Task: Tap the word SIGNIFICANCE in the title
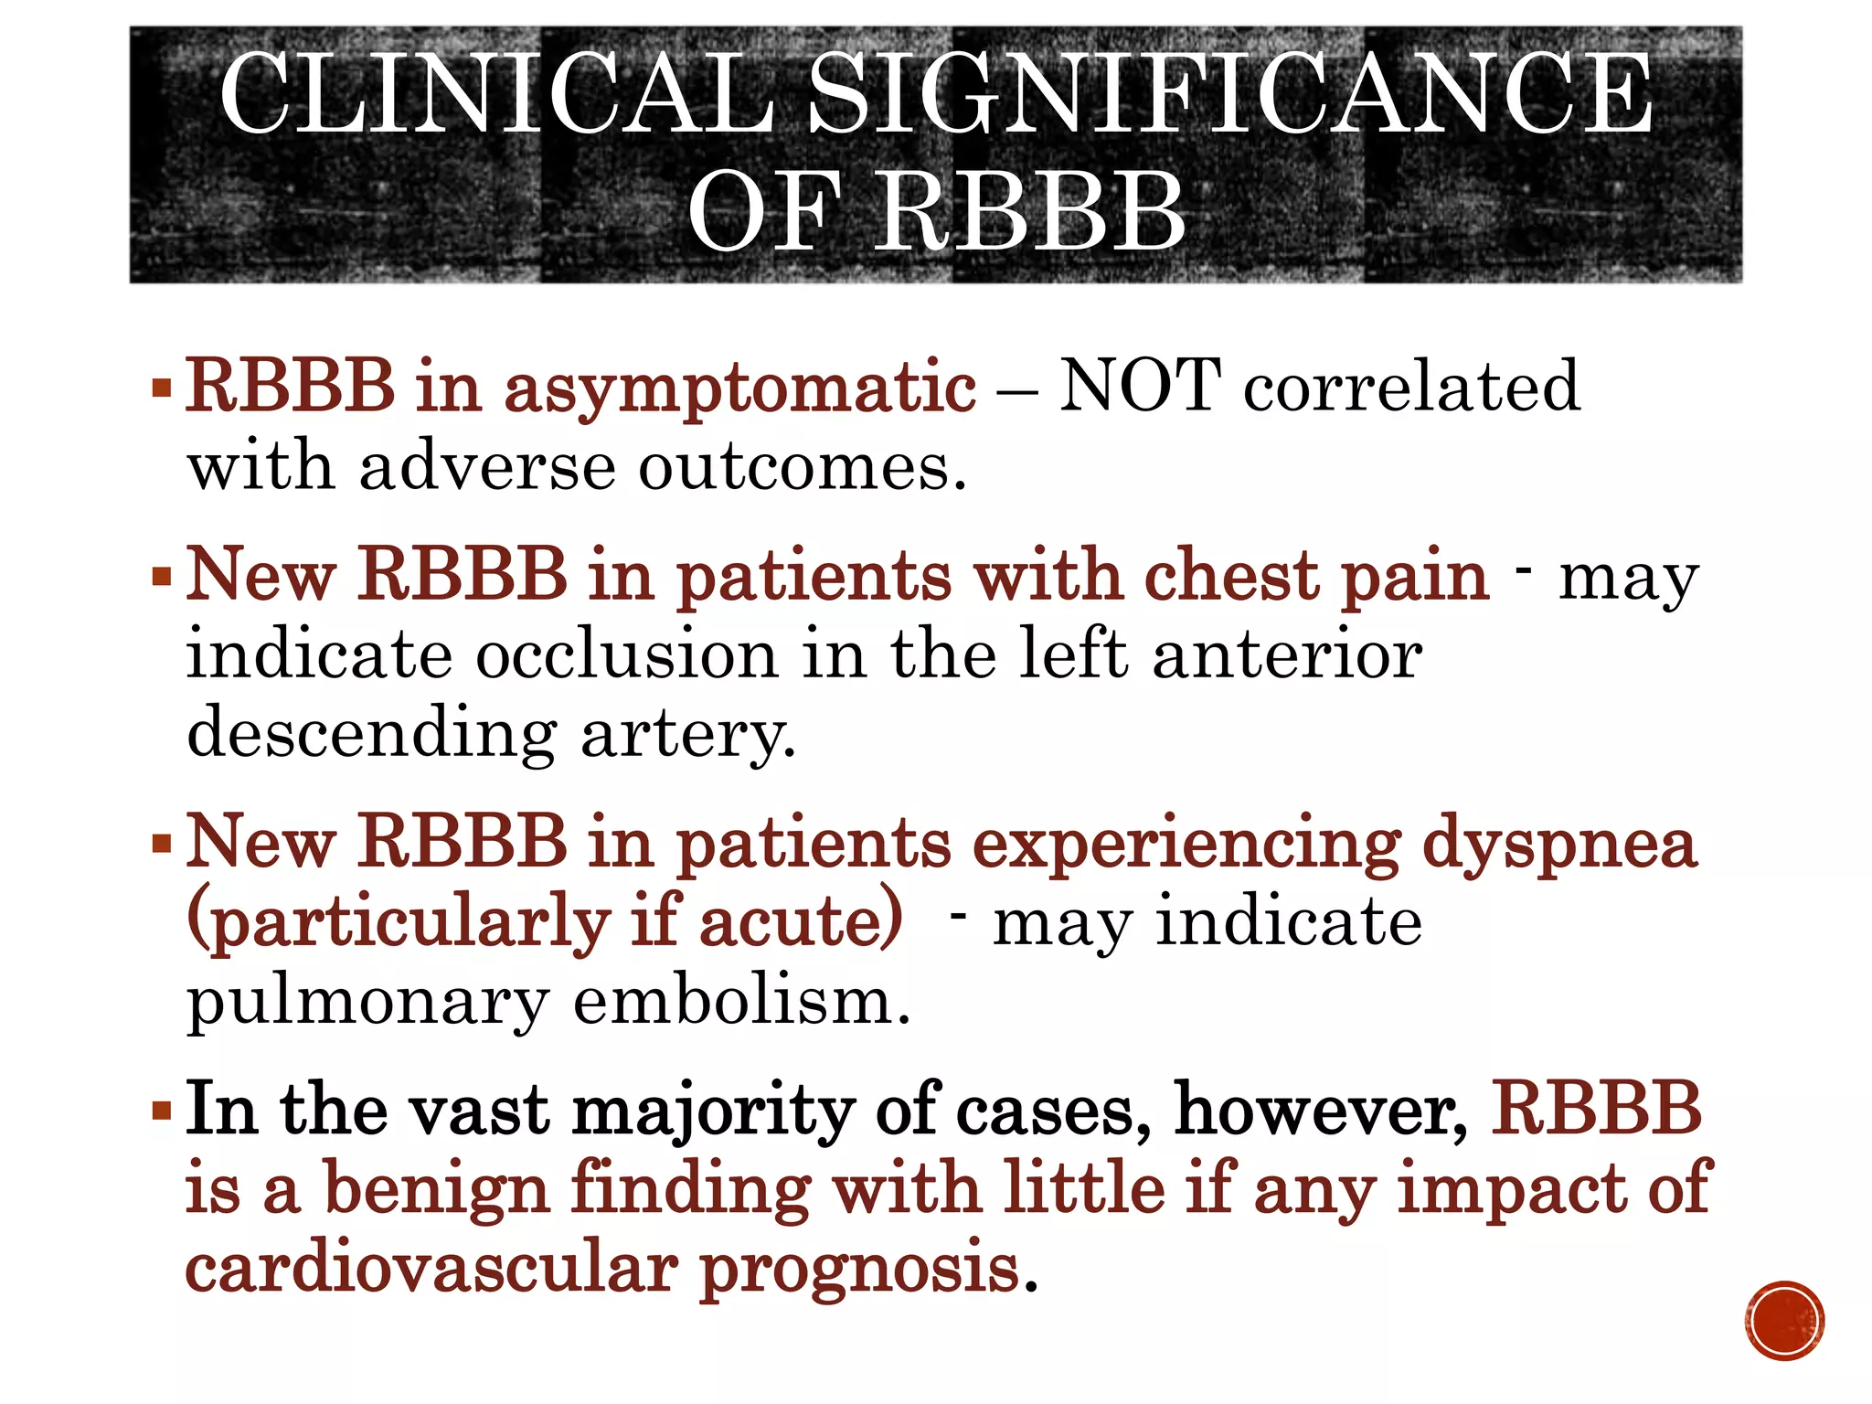(1230, 94)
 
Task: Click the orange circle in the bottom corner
(1784, 1321)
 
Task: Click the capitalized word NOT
(1139, 386)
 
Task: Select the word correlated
(1411, 386)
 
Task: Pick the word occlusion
(626, 654)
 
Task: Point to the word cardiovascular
(431, 1269)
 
